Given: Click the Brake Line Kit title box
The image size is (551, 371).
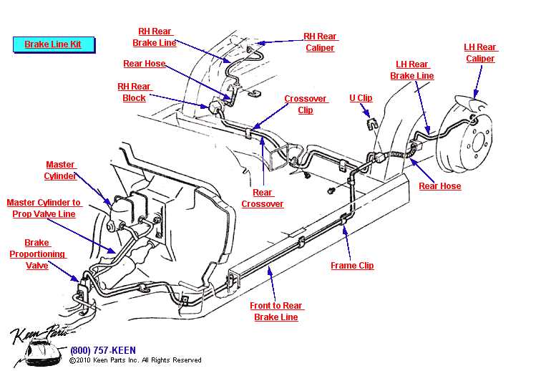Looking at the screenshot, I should tap(53, 44).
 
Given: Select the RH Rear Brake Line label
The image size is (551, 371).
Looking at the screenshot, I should tap(154, 37).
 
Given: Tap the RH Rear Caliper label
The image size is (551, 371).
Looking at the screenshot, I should tap(320, 42).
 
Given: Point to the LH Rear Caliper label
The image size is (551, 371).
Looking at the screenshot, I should tap(480, 53).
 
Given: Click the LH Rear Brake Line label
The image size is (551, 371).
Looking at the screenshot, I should tap(411, 70).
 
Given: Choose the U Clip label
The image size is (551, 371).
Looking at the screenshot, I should tap(361, 98).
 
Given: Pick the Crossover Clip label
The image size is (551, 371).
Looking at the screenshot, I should tap(306, 105).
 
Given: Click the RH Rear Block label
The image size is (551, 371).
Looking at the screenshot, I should tap(134, 92).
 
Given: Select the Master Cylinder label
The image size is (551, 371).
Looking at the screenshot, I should tap(60, 170).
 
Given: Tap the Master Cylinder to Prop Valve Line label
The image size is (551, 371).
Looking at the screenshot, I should tap(44, 208).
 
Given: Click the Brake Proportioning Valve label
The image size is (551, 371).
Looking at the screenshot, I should tap(37, 254).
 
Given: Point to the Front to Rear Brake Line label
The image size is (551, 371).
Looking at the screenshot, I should tap(275, 312).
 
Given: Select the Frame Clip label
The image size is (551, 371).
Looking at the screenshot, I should tap(352, 266).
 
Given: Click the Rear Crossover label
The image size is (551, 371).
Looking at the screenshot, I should tap(262, 198).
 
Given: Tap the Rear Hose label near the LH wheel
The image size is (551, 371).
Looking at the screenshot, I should tap(439, 186).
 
